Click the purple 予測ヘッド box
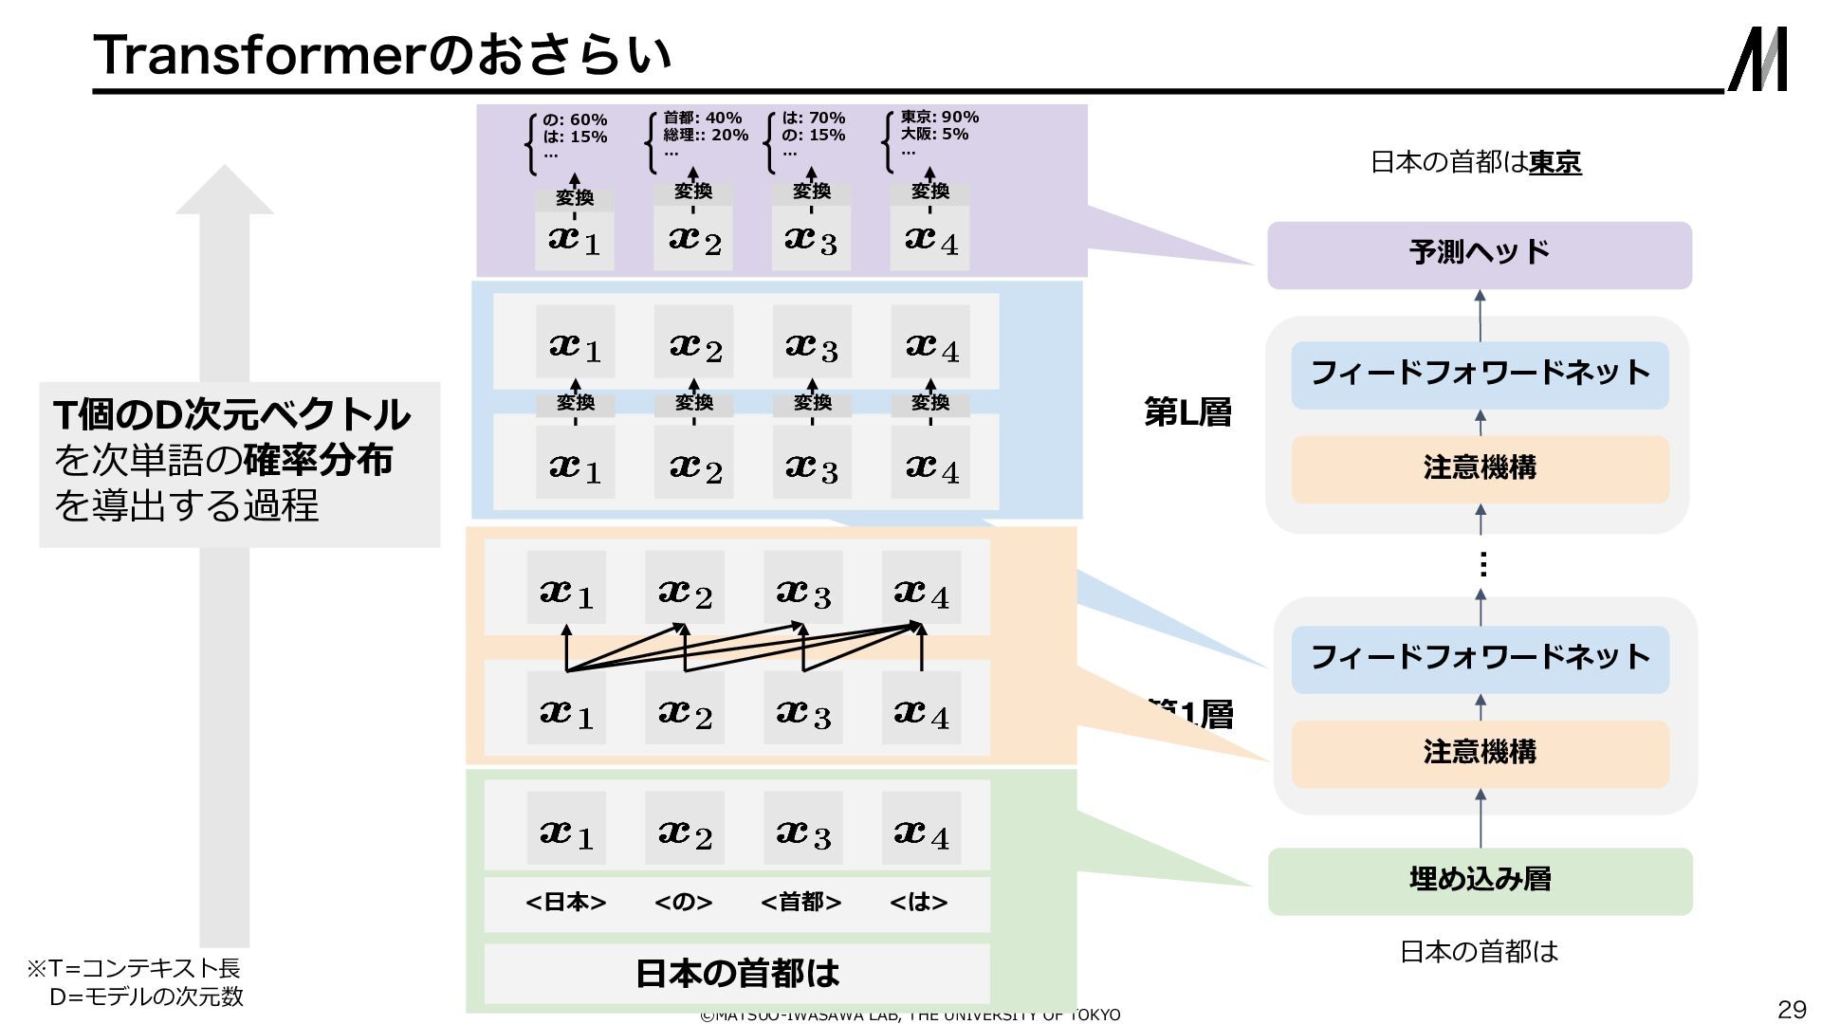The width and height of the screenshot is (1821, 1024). point(1479,254)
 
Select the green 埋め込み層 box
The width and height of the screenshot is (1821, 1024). point(1480,880)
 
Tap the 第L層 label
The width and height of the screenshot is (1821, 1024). point(1187,412)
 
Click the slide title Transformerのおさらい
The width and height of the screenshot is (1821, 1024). point(382,54)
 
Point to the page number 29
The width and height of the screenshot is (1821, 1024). point(1791,1008)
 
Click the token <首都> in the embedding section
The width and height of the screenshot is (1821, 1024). point(801,902)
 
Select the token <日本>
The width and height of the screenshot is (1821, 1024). point(565,902)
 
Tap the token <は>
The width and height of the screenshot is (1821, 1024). point(918,902)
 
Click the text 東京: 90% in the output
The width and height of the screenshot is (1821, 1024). point(939,117)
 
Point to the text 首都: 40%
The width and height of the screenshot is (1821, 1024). point(702,118)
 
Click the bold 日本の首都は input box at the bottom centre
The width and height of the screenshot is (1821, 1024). point(737,973)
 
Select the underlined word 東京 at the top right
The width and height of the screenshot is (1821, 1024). point(1554,163)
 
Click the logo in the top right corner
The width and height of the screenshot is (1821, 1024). point(1758,59)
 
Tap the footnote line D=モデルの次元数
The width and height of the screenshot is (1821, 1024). point(146,997)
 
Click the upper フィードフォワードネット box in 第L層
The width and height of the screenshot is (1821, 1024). point(1480,374)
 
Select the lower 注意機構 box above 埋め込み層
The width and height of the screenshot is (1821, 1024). point(1480,753)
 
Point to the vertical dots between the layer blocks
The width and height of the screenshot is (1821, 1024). point(1482,565)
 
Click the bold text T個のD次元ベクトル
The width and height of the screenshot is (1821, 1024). point(231,414)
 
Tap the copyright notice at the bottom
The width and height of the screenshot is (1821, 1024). point(910,1015)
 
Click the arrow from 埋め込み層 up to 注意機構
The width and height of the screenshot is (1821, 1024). point(1481,819)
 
